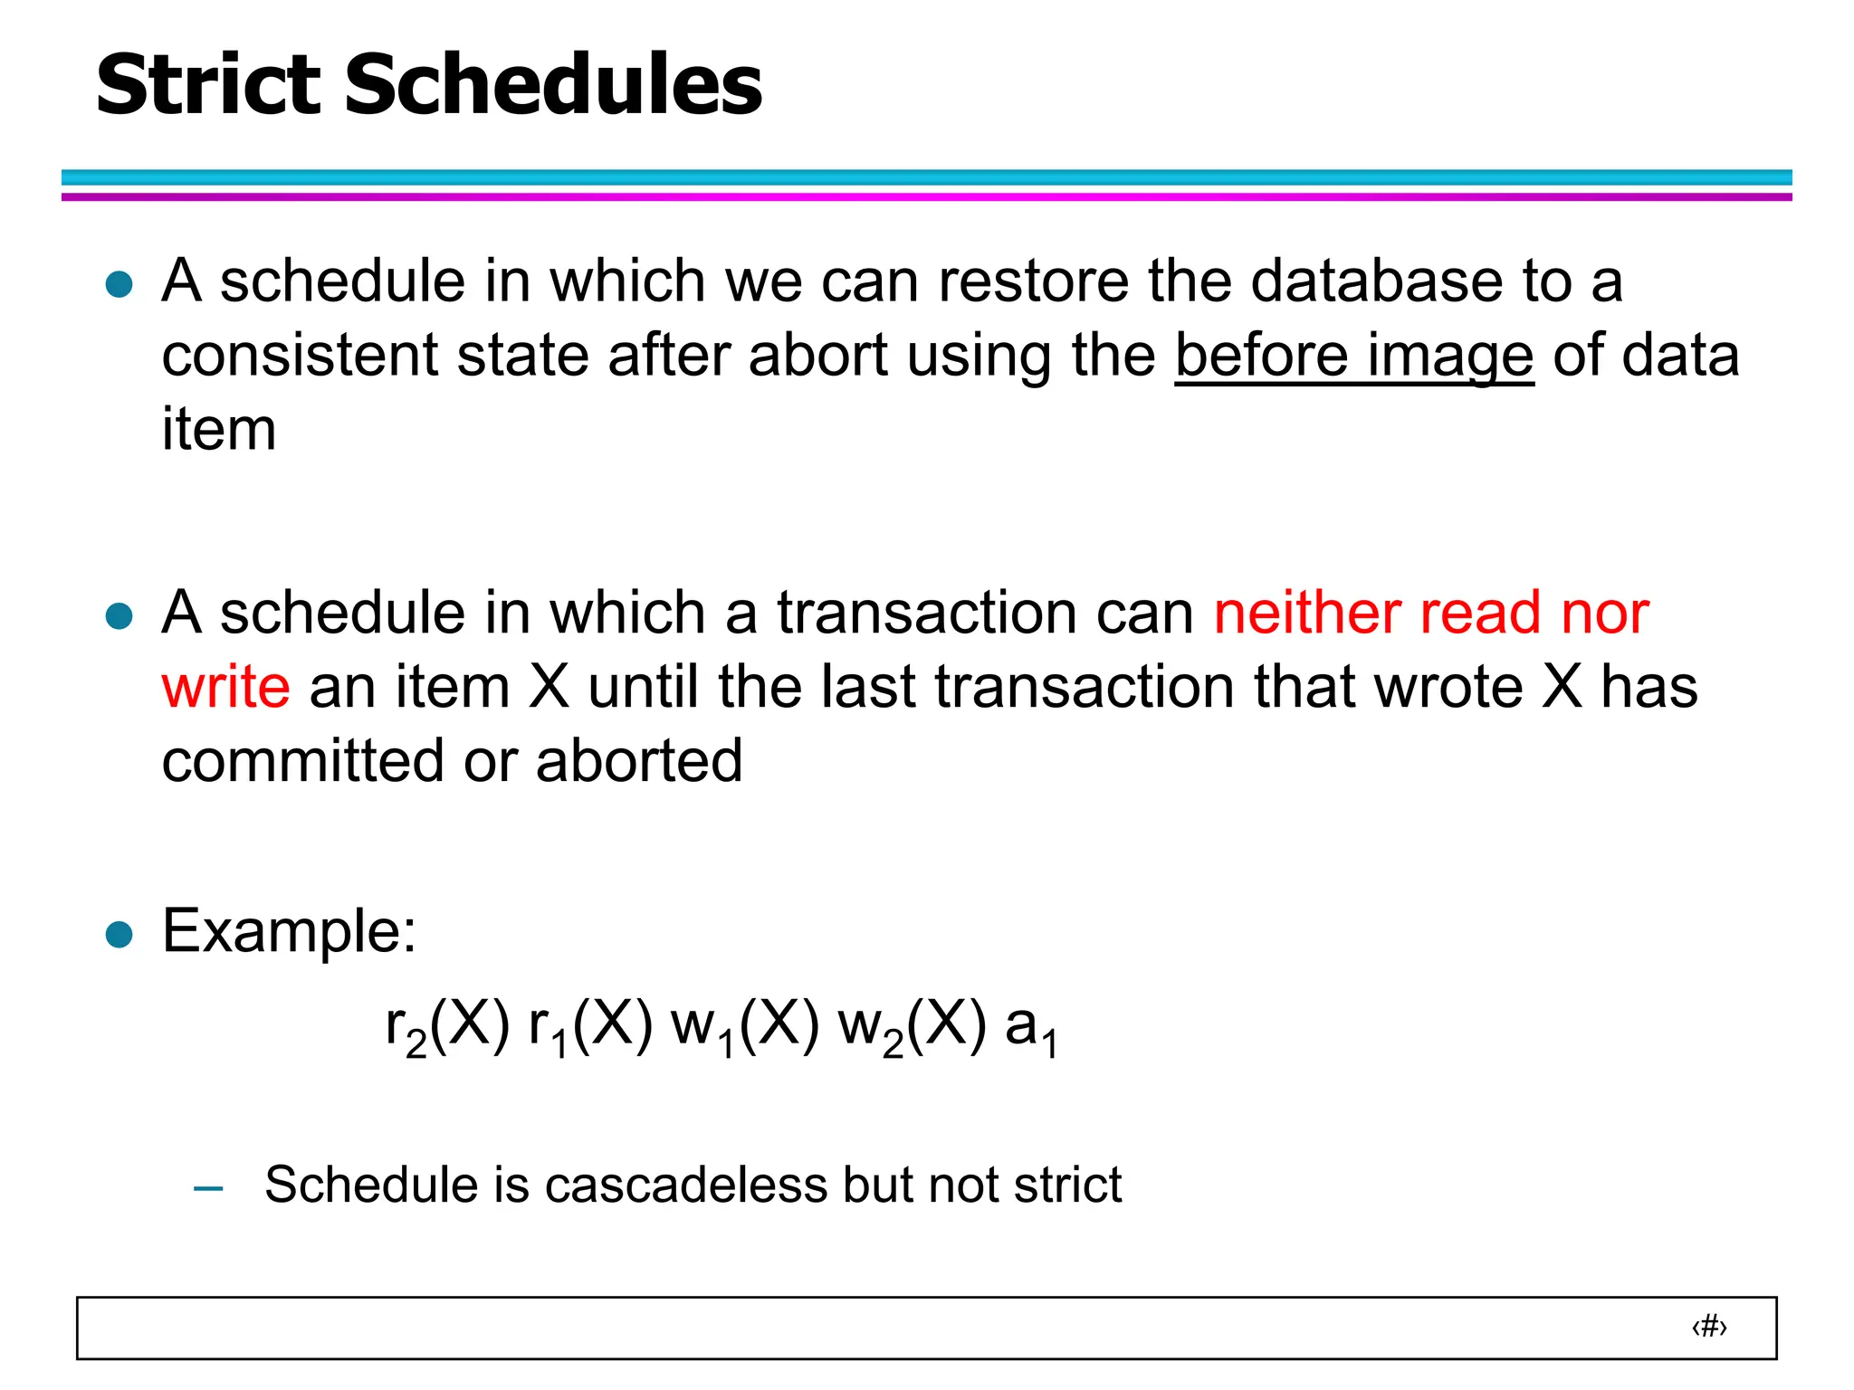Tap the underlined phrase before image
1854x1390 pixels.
click(1354, 356)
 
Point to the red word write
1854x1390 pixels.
click(226, 687)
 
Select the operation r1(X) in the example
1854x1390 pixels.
click(590, 1028)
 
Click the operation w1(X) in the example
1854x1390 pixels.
click(745, 1028)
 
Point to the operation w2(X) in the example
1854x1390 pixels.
click(913, 1028)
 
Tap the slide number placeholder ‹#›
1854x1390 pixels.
click(1709, 1328)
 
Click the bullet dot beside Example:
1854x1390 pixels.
click(119, 934)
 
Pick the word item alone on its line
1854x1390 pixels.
click(219, 429)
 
